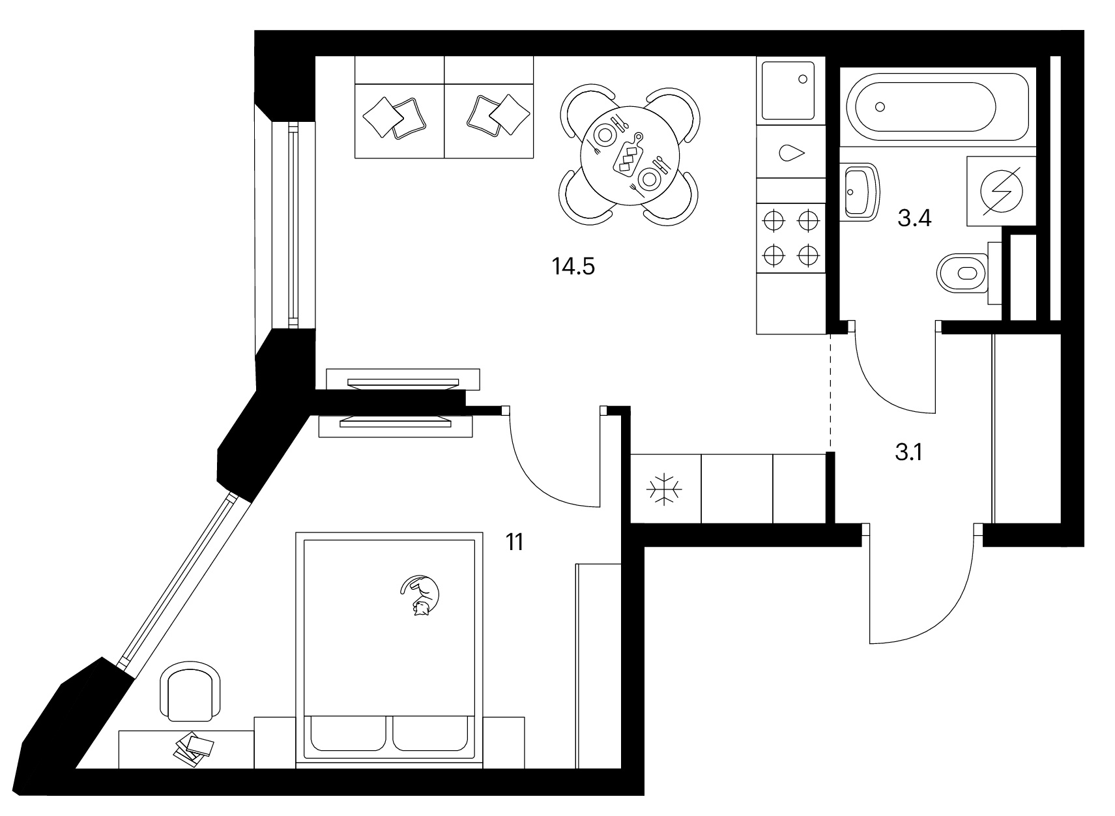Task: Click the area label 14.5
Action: [573, 267]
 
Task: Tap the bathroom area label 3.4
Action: [914, 218]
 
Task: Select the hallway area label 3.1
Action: [909, 452]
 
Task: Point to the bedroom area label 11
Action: [515, 542]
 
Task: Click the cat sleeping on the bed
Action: [420, 595]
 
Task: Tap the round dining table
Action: [630, 155]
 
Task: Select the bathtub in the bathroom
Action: [937, 107]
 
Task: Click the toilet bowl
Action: [963, 273]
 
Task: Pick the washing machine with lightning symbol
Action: [1001, 191]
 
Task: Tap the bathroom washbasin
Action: [860, 192]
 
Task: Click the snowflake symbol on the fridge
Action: [664, 489]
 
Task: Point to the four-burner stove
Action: [791, 238]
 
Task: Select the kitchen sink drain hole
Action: [802, 79]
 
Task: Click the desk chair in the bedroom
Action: [190, 691]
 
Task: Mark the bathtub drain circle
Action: [880, 107]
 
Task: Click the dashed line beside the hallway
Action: [830, 393]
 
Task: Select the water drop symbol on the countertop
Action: [792, 153]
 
